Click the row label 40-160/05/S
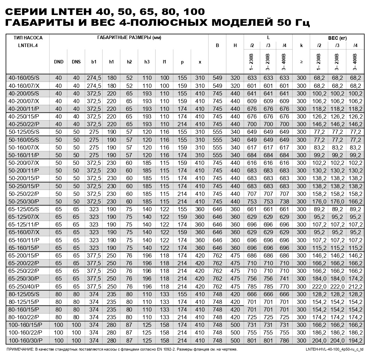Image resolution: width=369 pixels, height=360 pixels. pyautogui.click(x=23, y=78)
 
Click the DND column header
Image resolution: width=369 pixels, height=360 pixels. pyautogui.click(x=59, y=62)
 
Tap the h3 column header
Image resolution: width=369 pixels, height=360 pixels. pyautogui.click(x=147, y=62)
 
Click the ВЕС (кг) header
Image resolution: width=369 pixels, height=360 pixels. pyautogui.click(x=337, y=38)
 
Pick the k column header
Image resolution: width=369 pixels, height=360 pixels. pyautogui.click(x=301, y=45)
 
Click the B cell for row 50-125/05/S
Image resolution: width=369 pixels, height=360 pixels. pyautogui.click(x=217, y=132)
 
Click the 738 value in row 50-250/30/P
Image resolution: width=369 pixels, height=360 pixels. pyautogui.click(x=284, y=201)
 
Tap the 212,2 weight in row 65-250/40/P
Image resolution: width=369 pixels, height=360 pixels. pyautogui.click(x=355, y=287)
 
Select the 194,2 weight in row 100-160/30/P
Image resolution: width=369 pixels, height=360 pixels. pyautogui.click(x=355, y=340)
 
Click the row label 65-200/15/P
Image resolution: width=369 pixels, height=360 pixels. pyautogui.click(x=23, y=255)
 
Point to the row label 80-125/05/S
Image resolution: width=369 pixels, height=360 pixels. pyautogui.click(x=23, y=294)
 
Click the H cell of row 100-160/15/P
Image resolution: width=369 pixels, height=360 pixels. pyautogui.click(x=235, y=325)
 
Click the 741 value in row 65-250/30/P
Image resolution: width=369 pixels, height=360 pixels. pyautogui.click(x=284, y=278)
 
